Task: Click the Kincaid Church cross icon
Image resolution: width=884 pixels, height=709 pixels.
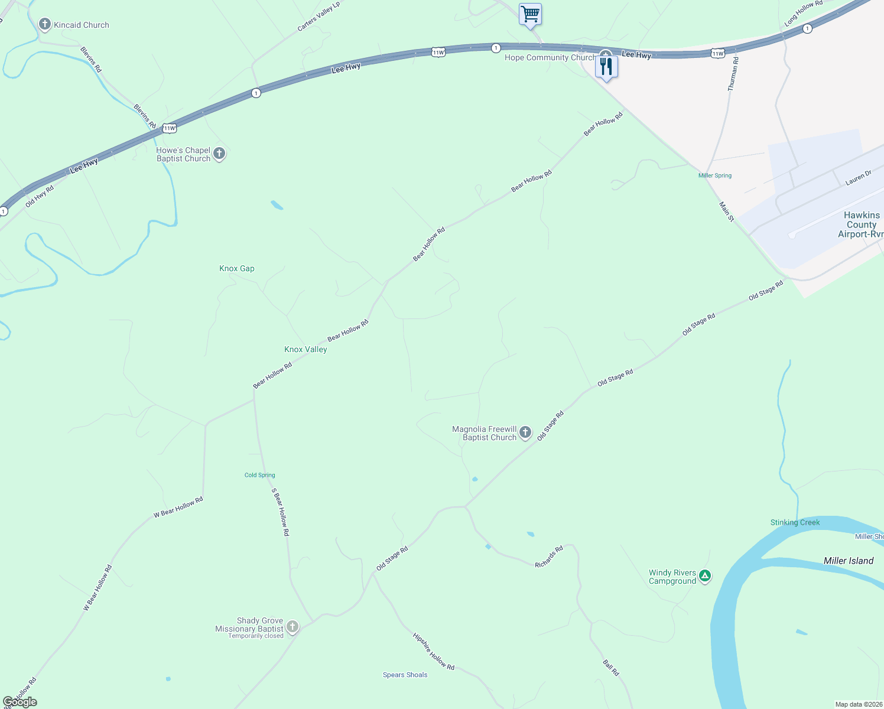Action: (44, 24)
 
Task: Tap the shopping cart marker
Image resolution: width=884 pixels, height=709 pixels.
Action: (530, 14)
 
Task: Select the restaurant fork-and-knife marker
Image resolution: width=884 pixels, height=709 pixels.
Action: (606, 66)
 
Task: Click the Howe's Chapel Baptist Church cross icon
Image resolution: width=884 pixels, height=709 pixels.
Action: (219, 154)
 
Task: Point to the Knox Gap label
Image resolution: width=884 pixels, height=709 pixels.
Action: (237, 268)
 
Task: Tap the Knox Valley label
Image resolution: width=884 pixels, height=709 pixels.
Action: (305, 349)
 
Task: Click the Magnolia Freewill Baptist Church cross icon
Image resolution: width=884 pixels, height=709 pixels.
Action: (525, 433)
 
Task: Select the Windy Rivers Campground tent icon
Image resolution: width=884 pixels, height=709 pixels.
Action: (704, 575)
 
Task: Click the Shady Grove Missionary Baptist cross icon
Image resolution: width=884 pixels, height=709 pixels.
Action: (292, 626)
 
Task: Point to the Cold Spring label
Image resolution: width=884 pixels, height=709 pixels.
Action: (260, 475)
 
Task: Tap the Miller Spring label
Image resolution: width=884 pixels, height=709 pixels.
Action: (715, 175)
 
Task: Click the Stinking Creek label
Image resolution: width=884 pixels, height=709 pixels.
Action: (795, 522)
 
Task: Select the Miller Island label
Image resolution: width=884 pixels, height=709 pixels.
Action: (849, 561)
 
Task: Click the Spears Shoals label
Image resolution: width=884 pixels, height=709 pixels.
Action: (405, 675)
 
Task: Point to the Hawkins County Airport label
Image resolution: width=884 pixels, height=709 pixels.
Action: (861, 225)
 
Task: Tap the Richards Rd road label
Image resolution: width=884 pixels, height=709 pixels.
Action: (549, 557)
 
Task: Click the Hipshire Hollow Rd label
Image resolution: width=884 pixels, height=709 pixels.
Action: (434, 652)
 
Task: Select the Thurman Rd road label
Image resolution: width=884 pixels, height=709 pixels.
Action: (733, 74)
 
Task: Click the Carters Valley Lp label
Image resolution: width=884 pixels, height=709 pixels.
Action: (318, 17)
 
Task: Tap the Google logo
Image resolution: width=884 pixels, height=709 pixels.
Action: (20, 701)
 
